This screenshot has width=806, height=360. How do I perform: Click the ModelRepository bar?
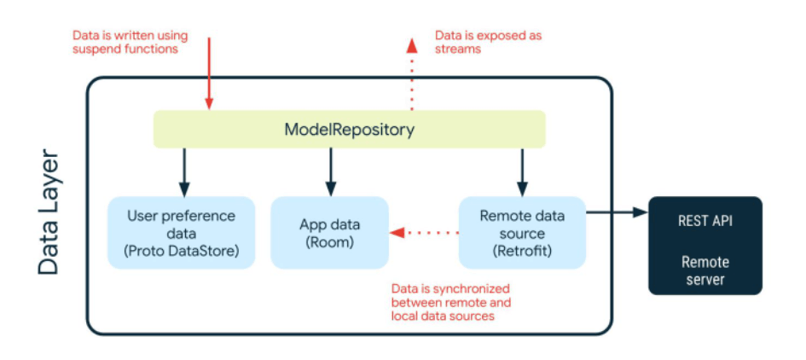(x=349, y=130)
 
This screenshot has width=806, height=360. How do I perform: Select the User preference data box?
(x=181, y=232)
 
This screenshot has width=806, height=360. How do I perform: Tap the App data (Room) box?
(x=329, y=232)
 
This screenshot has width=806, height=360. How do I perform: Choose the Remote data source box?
(x=523, y=232)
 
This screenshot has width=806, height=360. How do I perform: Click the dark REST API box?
(x=705, y=246)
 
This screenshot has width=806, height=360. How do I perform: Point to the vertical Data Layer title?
(x=49, y=213)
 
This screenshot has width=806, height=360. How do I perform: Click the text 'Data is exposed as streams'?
(x=488, y=42)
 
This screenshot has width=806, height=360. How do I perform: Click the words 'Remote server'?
(x=705, y=270)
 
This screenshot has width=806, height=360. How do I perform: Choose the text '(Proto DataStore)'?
(x=181, y=250)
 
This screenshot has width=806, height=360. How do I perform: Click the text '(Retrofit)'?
(x=523, y=250)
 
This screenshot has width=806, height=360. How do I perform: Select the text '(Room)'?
(x=329, y=242)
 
